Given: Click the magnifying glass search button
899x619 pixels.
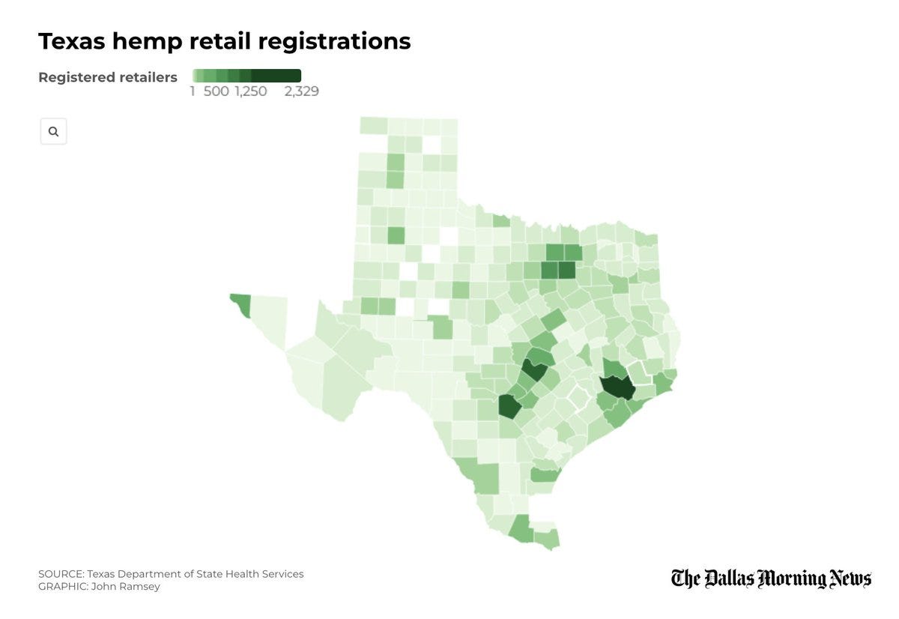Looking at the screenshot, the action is (x=53, y=131).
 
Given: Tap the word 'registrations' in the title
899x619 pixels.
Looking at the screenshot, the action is (x=334, y=42).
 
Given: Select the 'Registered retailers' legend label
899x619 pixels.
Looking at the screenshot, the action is (x=108, y=77).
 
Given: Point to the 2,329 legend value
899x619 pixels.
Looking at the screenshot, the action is (x=301, y=91).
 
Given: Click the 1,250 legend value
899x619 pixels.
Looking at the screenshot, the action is (x=251, y=91).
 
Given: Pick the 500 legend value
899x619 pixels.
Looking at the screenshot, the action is (x=216, y=91).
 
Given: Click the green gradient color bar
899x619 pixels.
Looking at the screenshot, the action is (x=246, y=76).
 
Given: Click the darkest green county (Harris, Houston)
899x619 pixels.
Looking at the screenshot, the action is (x=617, y=387).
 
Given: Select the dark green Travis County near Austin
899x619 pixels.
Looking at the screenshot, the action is (x=535, y=369).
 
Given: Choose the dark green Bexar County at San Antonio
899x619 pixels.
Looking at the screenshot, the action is (x=509, y=406).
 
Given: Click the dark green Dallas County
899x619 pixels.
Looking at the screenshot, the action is (x=566, y=271).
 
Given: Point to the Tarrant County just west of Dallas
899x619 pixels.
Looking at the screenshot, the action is (x=549, y=271).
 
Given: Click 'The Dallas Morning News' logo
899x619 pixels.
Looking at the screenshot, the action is (x=771, y=579).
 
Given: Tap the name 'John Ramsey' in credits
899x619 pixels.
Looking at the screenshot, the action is (x=125, y=587).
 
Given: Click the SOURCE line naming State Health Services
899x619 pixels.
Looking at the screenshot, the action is (x=171, y=574).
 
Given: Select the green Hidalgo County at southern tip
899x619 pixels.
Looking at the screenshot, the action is (x=521, y=528).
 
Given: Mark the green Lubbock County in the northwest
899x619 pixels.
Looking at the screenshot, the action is (x=396, y=235).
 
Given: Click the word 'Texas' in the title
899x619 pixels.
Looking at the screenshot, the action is (x=72, y=41).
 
